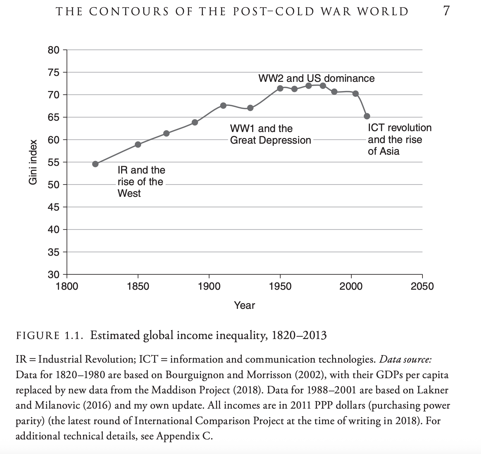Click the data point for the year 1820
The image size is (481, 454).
pyautogui.click(x=95, y=164)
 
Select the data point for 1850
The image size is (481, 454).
pyautogui.click(x=138, y=145)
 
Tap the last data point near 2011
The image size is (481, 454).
pyautogui.click(x=367, y=116)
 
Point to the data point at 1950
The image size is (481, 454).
pyautogui.click(x=280, y=88)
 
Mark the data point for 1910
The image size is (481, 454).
pyautogui.click(x=223, y=105)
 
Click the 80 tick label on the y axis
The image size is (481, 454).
pyautogui.click(x=53, y=50)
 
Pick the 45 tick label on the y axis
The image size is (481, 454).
pyautogui.click(x=53, y=207)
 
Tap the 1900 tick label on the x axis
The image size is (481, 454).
pyautogui.click(x=209, y=286)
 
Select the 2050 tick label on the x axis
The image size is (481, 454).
pyautogui.click(x=422, y=286)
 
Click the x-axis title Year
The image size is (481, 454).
pyautogui.click(x=244, y=305)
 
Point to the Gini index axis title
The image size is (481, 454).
pyautogui.click(x=33, y=162)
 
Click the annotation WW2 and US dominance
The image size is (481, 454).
pyautogui.click(x=316, y=78)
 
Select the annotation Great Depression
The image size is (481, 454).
pyautogui.click(x=270, y=140)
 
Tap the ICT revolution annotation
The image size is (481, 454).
pyautogui.click(x=400, y=128)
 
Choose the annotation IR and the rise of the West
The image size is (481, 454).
pyautogui.click(x=141, y=182)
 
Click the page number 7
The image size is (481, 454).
pyautogui.click(x=446, y=11)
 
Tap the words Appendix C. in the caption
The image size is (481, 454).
pyautogui.click(x=184, y=436)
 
